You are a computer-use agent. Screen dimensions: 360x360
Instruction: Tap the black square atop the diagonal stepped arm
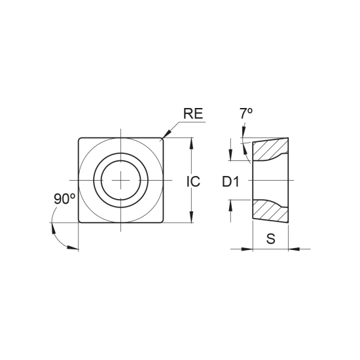[194, 113]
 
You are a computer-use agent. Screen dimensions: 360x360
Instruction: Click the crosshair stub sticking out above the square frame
[120, 132]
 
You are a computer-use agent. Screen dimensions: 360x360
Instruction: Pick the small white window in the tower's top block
[238, 151]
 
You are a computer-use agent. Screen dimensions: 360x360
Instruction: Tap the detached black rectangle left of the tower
[229, 180]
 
